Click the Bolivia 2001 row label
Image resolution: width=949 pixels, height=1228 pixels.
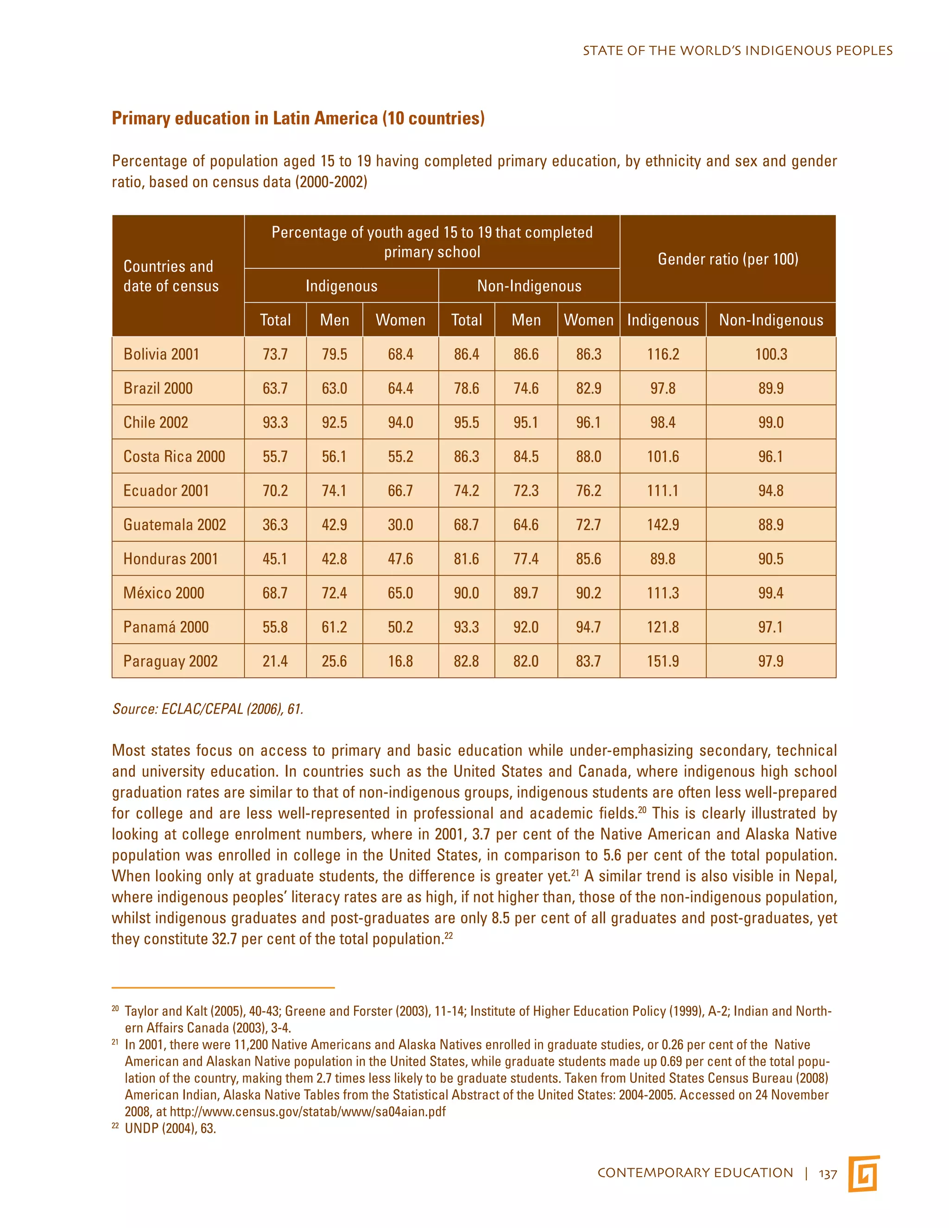(161, 354)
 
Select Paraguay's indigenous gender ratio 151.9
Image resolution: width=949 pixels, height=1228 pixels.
(662, 661)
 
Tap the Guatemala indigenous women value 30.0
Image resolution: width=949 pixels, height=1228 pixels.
(400, 525)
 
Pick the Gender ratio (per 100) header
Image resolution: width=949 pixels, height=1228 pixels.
(728, 259)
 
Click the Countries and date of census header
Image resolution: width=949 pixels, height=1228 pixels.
(171, 276)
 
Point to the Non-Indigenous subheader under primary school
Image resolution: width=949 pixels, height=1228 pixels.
(529, 286)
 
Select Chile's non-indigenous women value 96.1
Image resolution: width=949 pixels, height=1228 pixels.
(588, 422)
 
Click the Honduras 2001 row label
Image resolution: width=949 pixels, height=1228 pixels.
(171, 559)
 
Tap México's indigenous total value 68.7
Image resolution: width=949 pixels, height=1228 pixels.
(275, 593)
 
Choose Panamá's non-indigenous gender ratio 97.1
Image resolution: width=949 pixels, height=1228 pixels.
(770, 627)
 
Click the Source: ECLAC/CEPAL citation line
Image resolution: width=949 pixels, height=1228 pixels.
(208, 709)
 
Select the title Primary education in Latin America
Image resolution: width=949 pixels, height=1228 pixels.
(298, 119)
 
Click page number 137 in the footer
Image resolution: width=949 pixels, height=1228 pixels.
(828, 1174)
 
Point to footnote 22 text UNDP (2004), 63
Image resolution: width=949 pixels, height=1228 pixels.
(171, 1128)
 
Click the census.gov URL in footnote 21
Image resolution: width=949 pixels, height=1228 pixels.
(308, 1112)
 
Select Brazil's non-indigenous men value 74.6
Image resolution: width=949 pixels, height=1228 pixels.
(525, 388)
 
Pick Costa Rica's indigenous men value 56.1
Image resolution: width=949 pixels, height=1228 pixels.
(334, 456)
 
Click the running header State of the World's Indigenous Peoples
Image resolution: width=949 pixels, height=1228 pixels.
(737, 51)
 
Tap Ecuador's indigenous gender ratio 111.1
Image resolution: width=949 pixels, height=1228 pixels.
(662, 490)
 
